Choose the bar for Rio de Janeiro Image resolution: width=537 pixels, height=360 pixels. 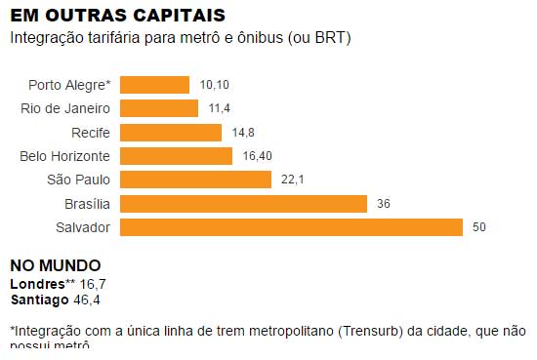158,108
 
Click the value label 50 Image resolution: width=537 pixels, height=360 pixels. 478,227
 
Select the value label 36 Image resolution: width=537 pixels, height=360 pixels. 384,203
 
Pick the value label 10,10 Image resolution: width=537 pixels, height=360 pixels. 213,85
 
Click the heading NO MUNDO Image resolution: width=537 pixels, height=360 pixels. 55,265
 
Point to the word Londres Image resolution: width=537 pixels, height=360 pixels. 37,283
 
